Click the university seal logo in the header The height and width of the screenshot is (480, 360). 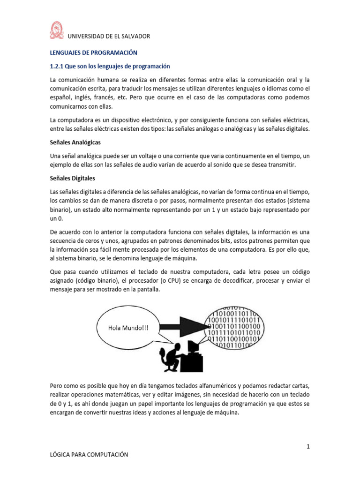pos(56,31)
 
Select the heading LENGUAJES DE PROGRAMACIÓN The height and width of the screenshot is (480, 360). pos(93,53)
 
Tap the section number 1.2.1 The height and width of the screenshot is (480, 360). pos(59,66)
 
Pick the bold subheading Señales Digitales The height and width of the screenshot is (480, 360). pos(73,178)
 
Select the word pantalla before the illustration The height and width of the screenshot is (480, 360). pos(146,290)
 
